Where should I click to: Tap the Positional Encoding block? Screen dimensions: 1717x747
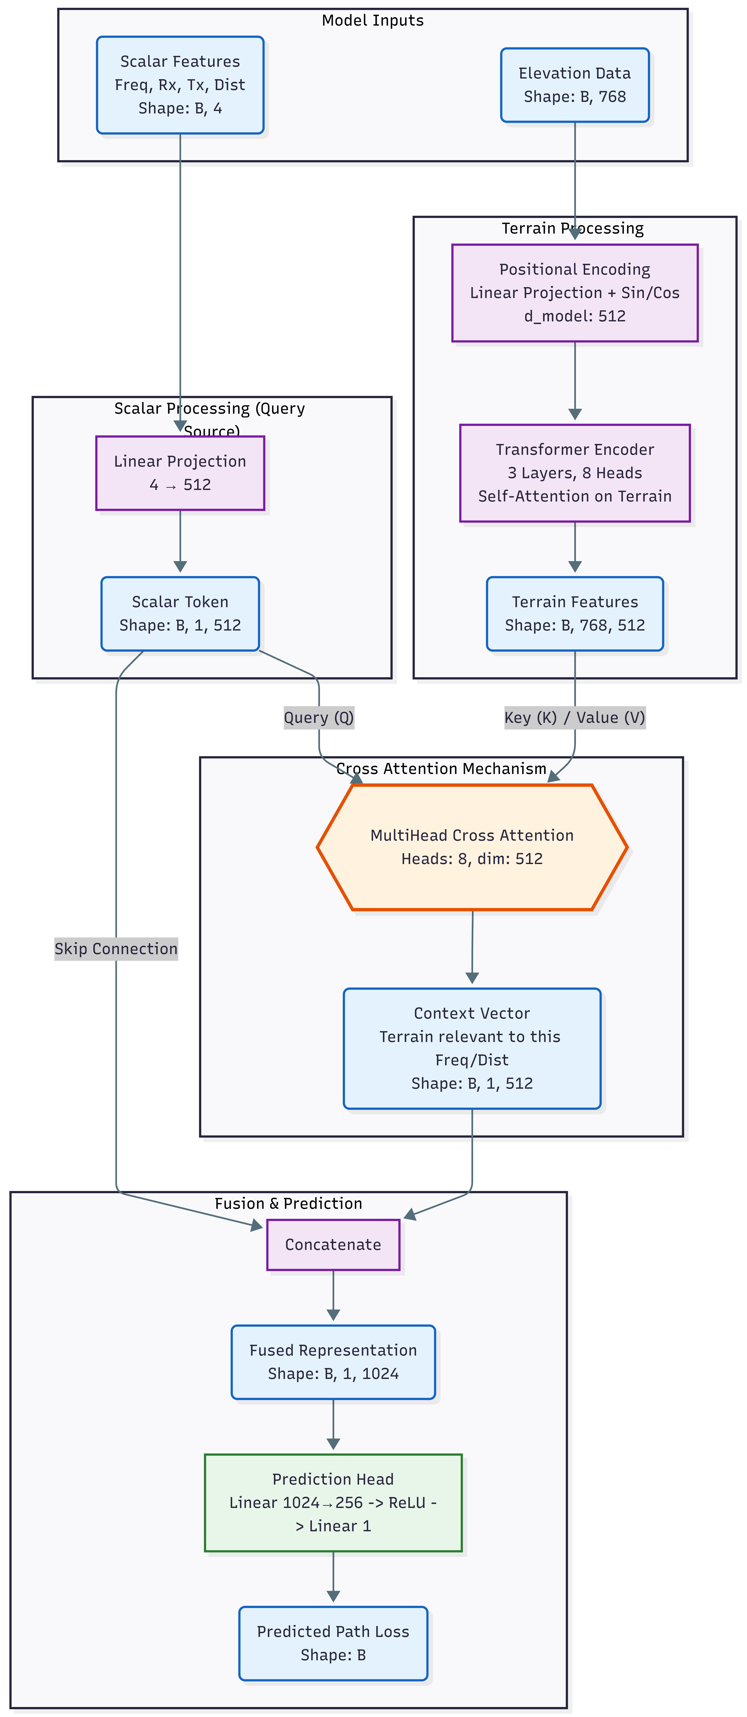574,293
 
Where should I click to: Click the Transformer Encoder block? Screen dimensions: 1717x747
574,473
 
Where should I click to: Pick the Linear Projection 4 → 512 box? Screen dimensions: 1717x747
180,473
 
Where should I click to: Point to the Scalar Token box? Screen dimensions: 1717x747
180,613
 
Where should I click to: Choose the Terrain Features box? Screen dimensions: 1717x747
574,613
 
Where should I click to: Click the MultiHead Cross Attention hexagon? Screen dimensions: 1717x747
472,847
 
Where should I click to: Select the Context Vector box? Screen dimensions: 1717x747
472,1048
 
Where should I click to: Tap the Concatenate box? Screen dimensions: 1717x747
333,1244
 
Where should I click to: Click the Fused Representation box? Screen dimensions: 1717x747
333,1362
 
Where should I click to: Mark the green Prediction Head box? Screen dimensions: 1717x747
333,1502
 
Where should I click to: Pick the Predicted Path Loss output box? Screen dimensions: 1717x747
333,1643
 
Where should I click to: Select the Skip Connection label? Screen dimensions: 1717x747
116,949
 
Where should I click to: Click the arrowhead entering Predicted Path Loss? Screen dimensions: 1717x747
333,1596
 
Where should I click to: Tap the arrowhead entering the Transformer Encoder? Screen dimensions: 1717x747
574,414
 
